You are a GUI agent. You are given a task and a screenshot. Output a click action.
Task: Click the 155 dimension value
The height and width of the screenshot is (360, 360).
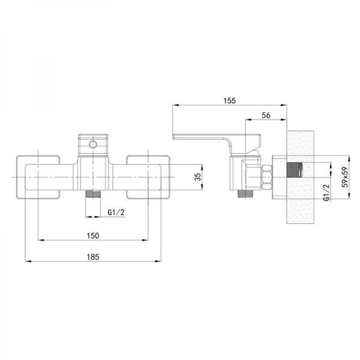[x=229, y=101]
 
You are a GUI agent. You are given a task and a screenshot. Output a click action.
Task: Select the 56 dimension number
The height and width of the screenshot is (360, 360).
[x=266, y=115]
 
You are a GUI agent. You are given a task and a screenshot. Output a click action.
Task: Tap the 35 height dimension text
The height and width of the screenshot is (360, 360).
[x=197, y=177]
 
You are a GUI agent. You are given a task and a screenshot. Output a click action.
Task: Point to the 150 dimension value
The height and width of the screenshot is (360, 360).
[x=93, y=236]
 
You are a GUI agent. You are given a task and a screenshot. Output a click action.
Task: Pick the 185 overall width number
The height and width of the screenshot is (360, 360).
[x=93, y=257]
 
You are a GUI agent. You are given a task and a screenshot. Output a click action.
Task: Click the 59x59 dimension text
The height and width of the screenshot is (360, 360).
[x=345, y=177]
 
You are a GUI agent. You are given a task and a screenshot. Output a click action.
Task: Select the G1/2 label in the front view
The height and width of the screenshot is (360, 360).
[x=116, y=212]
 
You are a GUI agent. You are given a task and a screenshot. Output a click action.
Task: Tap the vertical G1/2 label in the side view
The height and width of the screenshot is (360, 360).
[x=326, y=193]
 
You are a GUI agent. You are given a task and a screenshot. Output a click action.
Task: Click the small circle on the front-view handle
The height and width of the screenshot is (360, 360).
[x=93, y=145]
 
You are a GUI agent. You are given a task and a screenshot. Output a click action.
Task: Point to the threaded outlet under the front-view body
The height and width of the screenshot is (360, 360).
[x=93, y=194]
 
